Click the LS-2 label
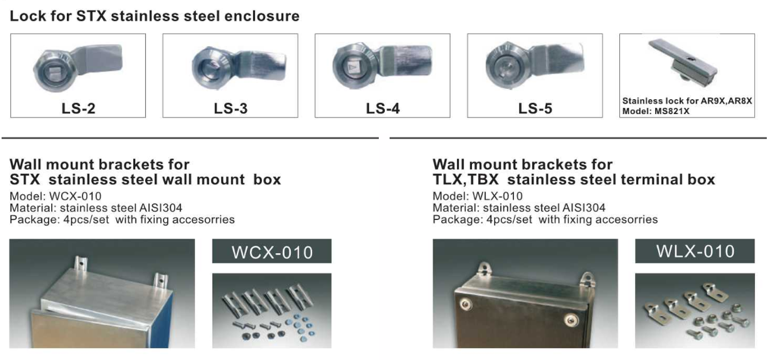(78, 108)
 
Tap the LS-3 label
(231, 108)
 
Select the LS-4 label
(383, 108)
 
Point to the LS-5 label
(535, 108)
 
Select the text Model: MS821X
(656, 111)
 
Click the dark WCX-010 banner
(272, 251)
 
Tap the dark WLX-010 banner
(695, 251)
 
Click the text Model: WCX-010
(56, 196)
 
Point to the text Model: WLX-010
(478, 196)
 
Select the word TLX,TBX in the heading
(466, 180)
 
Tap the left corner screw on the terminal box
(465, 305)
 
